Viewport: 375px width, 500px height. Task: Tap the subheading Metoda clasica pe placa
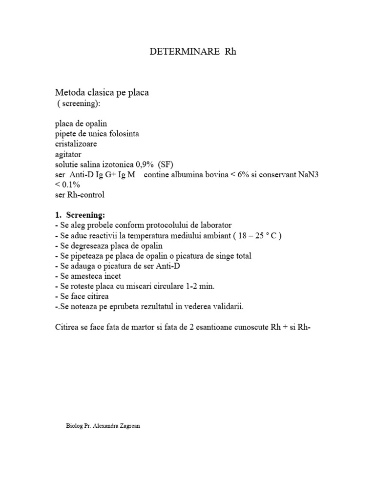(102, 92)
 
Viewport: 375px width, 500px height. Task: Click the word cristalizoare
(76, 144)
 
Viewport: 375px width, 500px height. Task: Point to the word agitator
(68, 154)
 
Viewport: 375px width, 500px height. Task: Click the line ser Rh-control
(80, 195)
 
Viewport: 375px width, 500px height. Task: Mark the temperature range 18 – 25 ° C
(257, 236)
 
